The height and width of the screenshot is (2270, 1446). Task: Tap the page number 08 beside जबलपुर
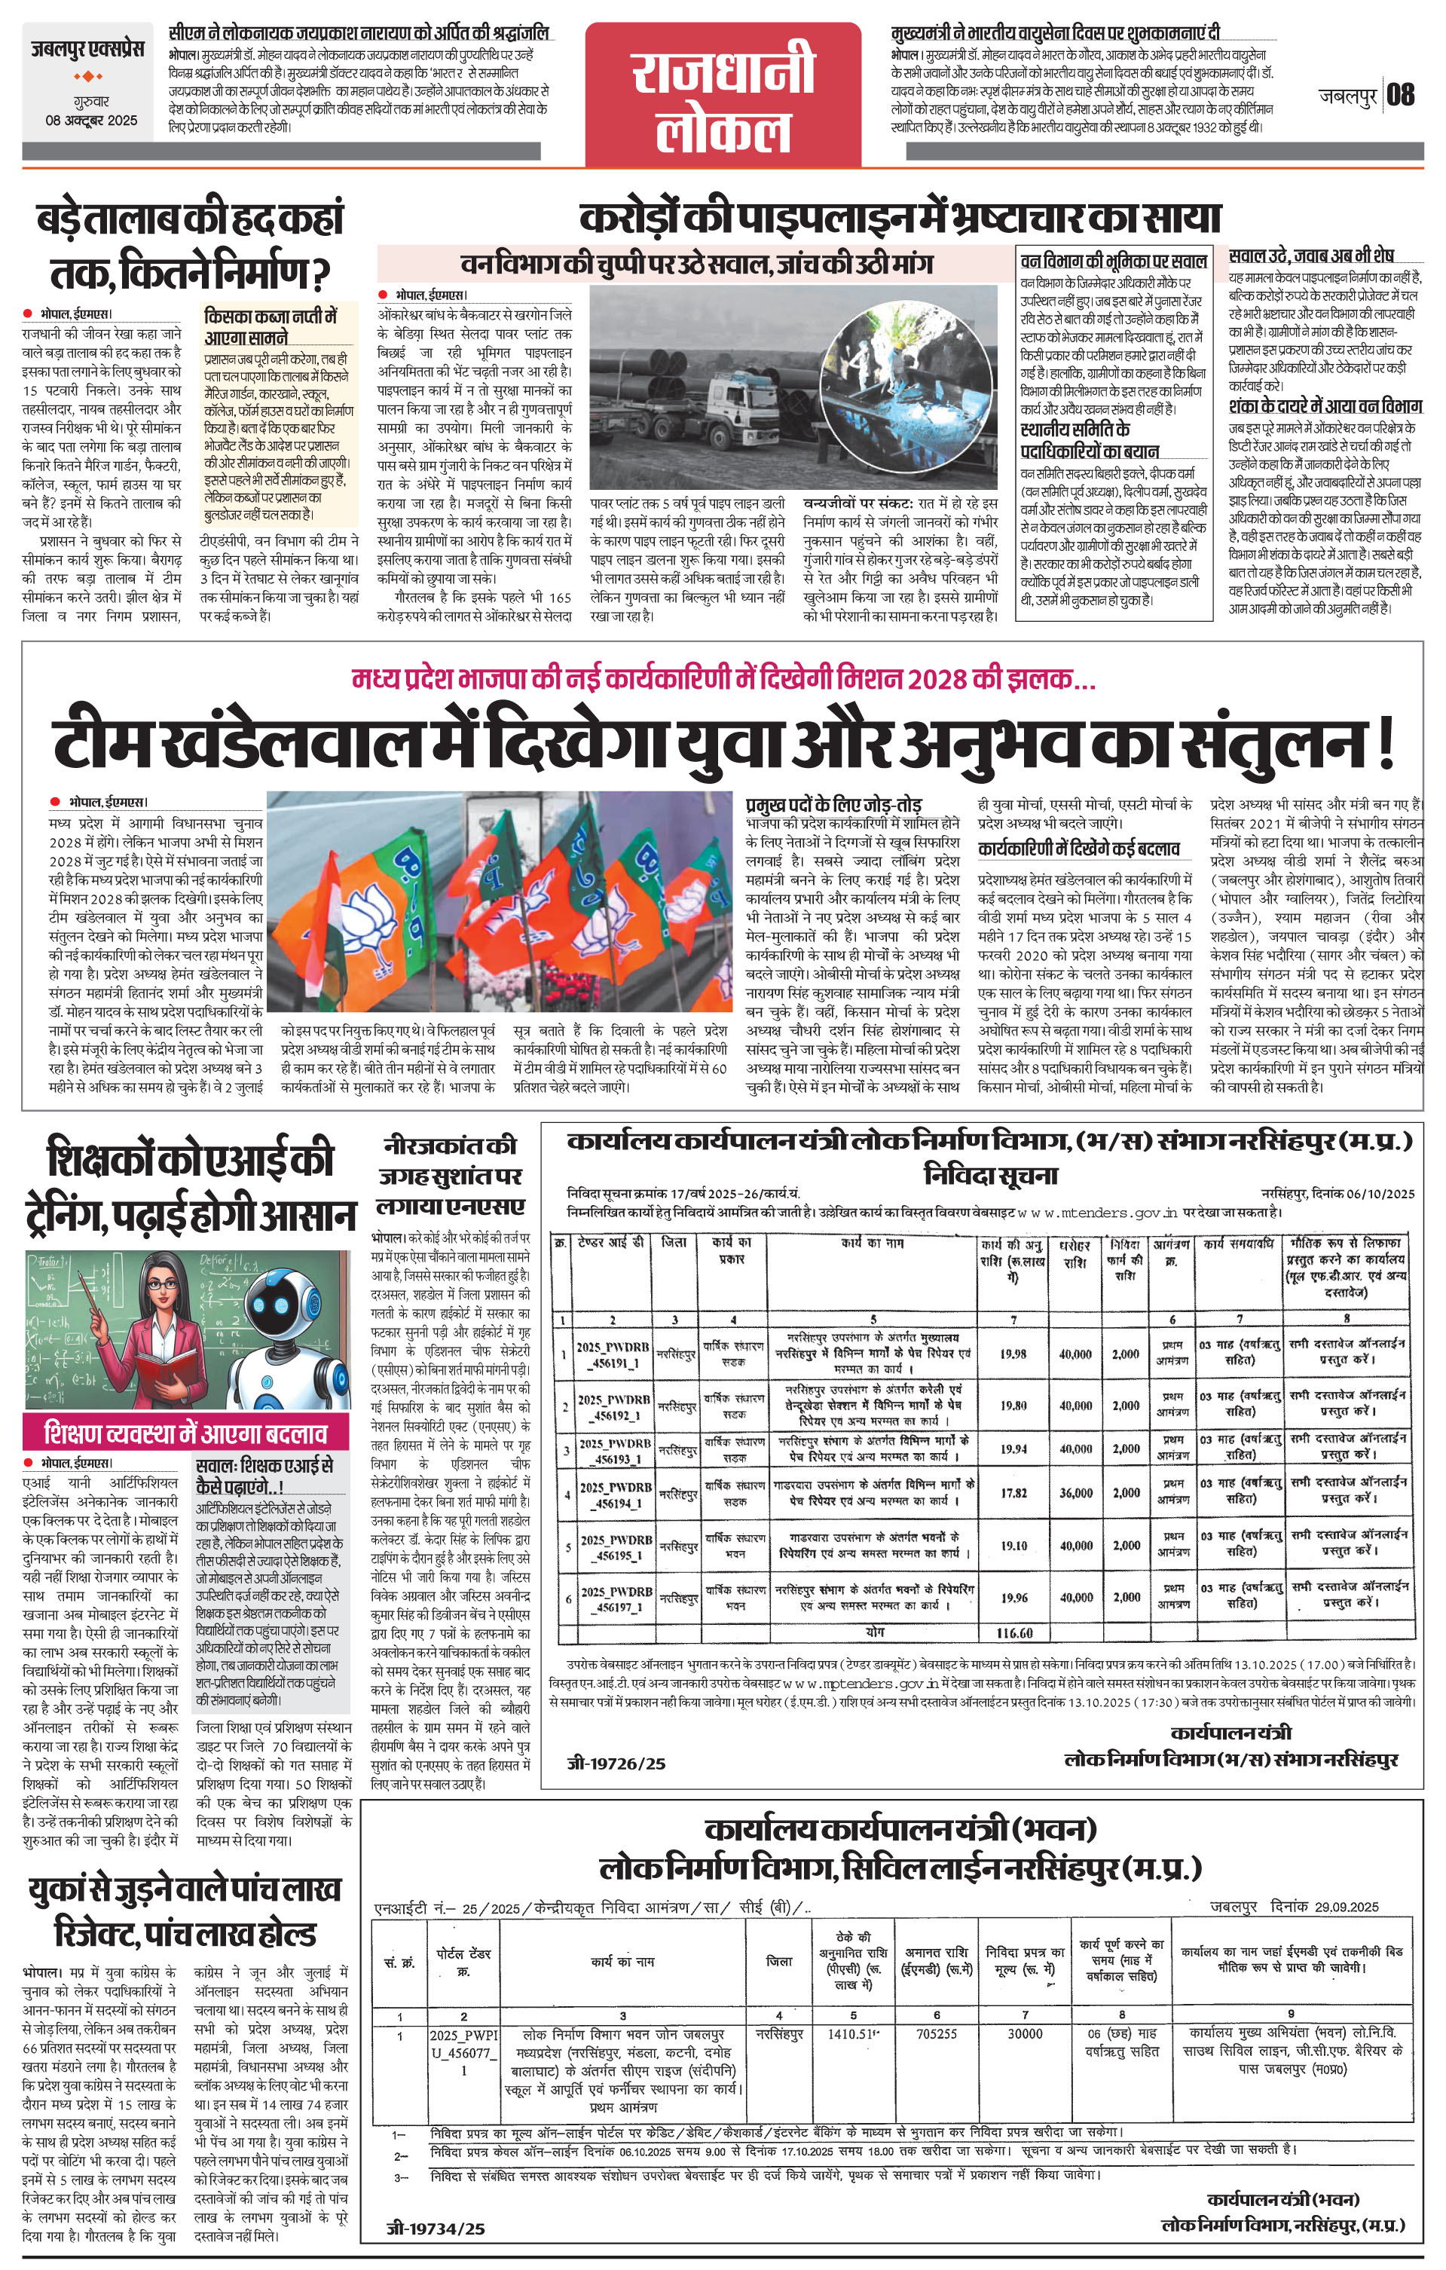(1401, 95)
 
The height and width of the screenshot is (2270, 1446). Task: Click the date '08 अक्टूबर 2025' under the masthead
(91, 121)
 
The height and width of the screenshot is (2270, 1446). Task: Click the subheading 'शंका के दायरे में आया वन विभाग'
(1325, 406)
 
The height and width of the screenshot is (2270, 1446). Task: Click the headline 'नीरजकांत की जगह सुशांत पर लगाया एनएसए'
(450, 1176)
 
